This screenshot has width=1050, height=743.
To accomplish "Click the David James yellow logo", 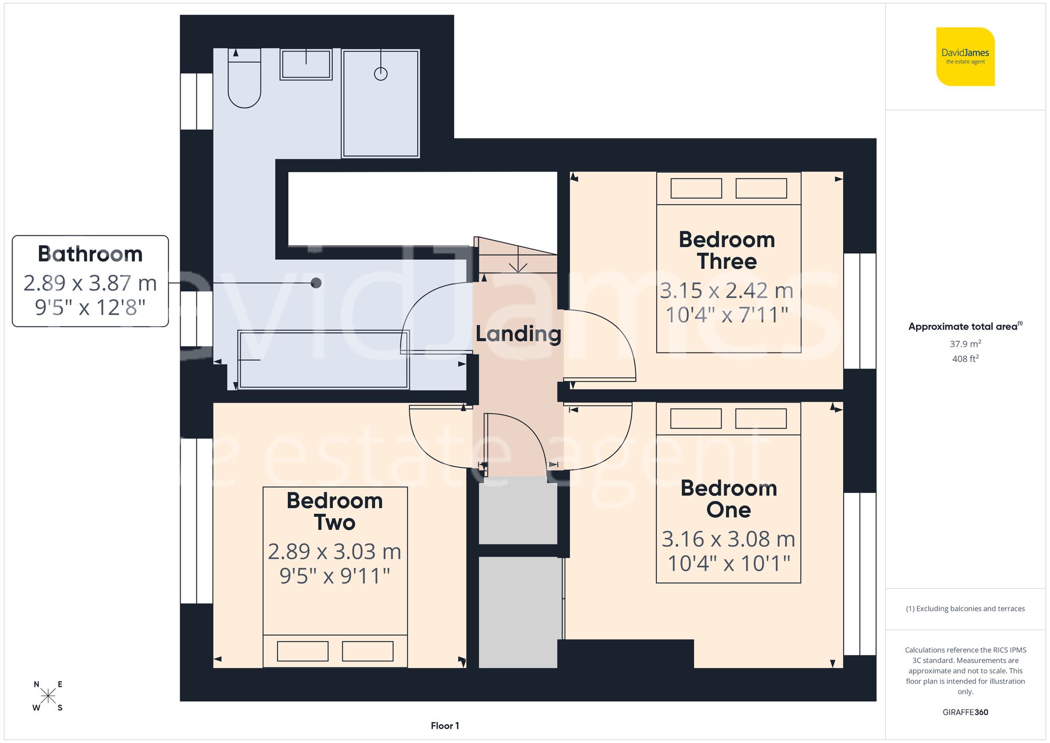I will (965, 57).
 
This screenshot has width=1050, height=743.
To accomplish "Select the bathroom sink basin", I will (306, 65).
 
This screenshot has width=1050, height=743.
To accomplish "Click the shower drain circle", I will (381, 74).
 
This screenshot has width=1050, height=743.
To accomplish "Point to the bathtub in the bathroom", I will (323, 360).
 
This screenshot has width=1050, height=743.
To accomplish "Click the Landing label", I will (518, 334).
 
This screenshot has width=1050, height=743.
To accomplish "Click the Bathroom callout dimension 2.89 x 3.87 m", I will (90, 283).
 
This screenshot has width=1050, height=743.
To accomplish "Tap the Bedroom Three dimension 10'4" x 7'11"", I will (727, 315).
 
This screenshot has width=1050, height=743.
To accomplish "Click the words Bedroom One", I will (728, 499).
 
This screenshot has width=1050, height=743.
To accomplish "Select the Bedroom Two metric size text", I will (334, 551).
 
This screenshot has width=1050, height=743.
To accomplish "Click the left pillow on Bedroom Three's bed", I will (696, 189).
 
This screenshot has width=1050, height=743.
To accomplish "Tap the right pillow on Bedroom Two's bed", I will (367, 651).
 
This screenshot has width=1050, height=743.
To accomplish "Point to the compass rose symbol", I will (48, 696).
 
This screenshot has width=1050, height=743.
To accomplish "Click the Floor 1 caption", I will (445, 726).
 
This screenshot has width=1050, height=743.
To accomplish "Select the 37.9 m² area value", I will (965, 344).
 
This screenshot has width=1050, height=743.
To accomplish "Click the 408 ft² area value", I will (965, 359).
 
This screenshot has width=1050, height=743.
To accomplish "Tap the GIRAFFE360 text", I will (965, 712).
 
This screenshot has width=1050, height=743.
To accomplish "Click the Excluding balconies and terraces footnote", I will (965, 609).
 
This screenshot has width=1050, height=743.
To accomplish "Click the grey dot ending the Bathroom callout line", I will (316, 283).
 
